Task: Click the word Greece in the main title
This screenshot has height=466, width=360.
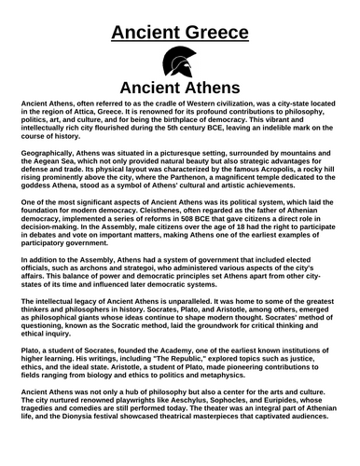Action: click(x=215, y=34)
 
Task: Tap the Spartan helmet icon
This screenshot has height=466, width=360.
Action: click(x=179, y=63)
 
